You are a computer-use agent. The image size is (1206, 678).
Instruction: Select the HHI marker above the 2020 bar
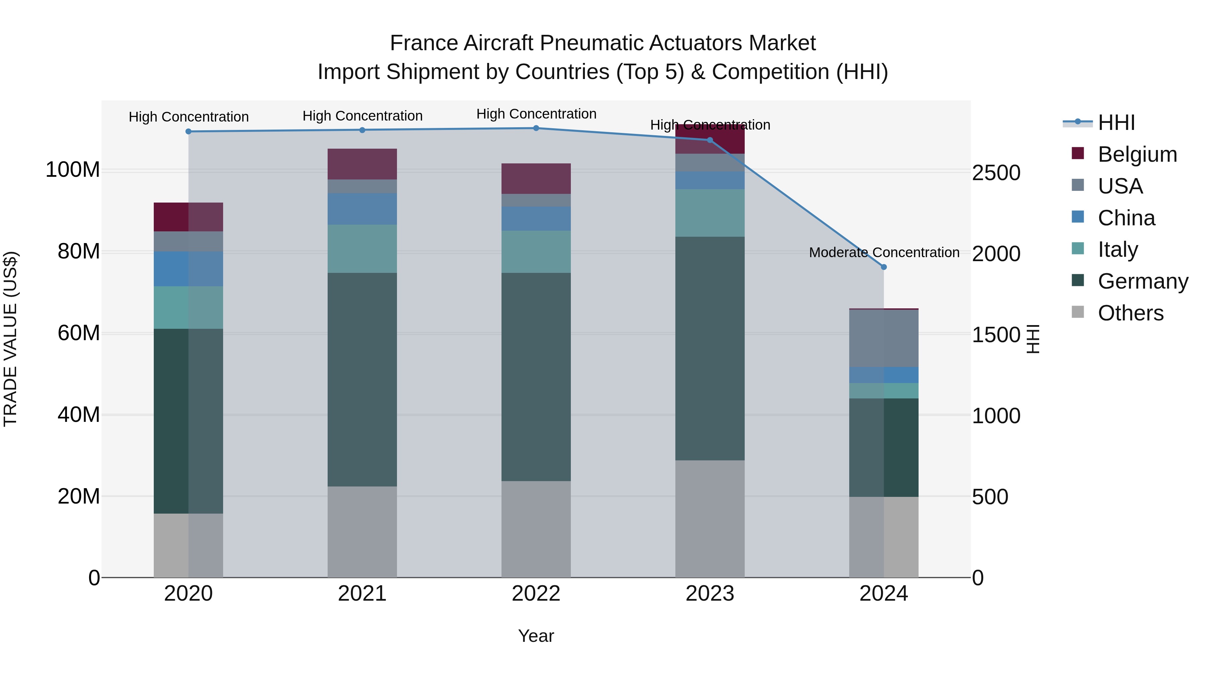pos(188,132)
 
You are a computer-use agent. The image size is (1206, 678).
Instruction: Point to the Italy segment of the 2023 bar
pos(710,213)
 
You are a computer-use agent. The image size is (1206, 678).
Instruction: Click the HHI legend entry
pos(1116,123)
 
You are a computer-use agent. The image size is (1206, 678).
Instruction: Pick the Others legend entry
pos(1130,313)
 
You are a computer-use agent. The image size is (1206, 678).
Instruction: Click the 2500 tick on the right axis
pos(996,173)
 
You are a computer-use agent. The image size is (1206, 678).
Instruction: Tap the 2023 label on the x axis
pos(710,594)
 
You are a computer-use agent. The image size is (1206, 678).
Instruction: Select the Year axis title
pos(536,636)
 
